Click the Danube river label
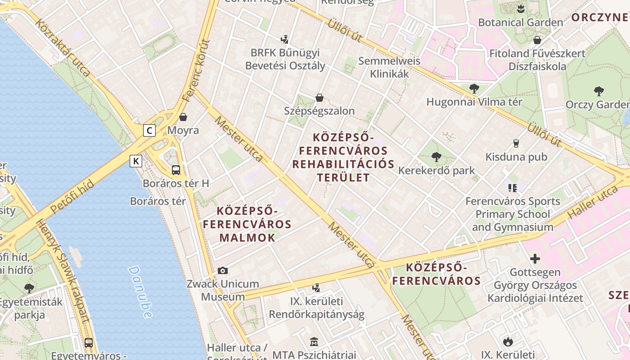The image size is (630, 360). click(140, 292)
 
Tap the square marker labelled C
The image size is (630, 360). click(149, 130)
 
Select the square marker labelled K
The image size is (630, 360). click(136, 161)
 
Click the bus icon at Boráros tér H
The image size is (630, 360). click(176, 170)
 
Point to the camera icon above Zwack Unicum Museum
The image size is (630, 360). click(222, 270)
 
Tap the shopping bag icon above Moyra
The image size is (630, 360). click(183, 117)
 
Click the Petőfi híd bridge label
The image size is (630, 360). click(72, 196)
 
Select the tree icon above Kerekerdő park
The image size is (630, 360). click(436, 157)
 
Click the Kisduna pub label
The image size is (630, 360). click(516, 157)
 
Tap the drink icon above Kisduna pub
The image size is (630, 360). click(516, 144)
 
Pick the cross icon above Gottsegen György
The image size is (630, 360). click(535, 259)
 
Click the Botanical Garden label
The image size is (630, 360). click(521, 22)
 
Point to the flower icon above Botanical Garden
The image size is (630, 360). click(521, 9)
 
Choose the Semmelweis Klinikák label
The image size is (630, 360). click(389, 67)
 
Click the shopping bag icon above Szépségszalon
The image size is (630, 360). click(319, 97)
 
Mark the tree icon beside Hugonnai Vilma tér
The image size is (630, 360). click(474, 88)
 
